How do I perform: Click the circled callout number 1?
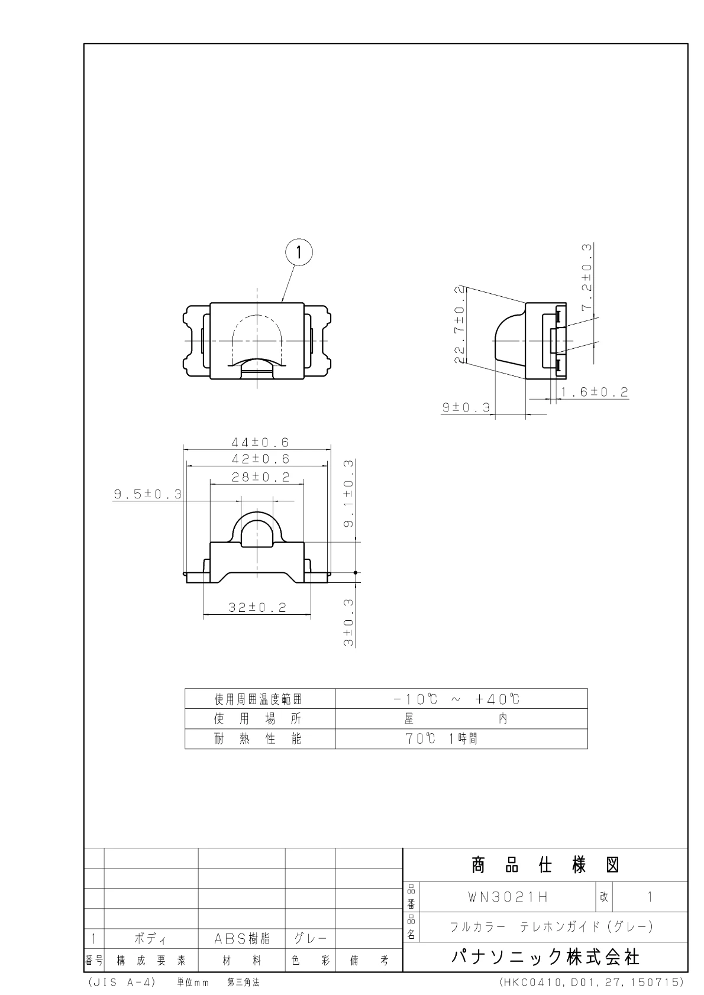(299, 253)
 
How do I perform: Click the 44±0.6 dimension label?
(260, 442)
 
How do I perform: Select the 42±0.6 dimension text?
(260, 458)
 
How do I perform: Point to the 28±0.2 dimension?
(260, 477)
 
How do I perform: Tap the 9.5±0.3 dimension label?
(148, 494)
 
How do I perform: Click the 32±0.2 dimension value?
(257, 607)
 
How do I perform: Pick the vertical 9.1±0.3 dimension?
(349, 494)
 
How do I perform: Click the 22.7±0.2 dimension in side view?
(460, 325)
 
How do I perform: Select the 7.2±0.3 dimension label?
(587, 277)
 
